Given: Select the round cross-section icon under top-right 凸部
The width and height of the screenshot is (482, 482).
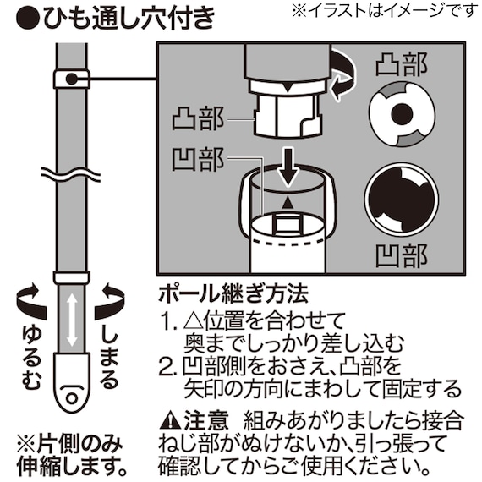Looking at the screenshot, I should pos(401,112).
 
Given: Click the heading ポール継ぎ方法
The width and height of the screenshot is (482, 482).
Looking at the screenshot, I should pos(233,296).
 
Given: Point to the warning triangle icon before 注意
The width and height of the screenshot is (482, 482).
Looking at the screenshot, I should pos(169,419).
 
